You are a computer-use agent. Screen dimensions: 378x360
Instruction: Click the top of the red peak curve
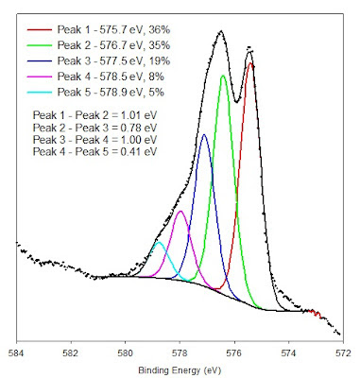(250, 63)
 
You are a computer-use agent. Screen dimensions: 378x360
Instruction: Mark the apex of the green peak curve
(223, 76)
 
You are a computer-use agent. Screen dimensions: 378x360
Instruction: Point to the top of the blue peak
(204, 134)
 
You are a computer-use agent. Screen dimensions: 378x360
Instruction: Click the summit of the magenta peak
(180, 211)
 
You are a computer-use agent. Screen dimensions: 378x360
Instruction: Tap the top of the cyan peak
(160, 242)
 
